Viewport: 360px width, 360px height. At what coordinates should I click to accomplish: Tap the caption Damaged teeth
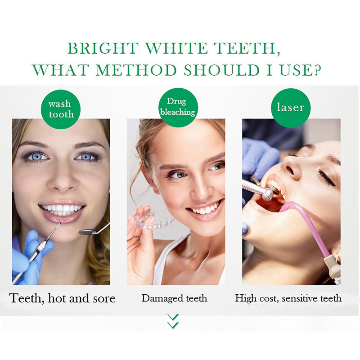tap(174, 298)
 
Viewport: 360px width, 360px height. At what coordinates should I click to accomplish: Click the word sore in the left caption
tap(102, 298)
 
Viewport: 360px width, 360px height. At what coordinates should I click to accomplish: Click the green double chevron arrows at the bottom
tap(173, 321)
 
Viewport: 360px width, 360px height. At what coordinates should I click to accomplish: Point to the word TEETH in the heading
tap(247, 48)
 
